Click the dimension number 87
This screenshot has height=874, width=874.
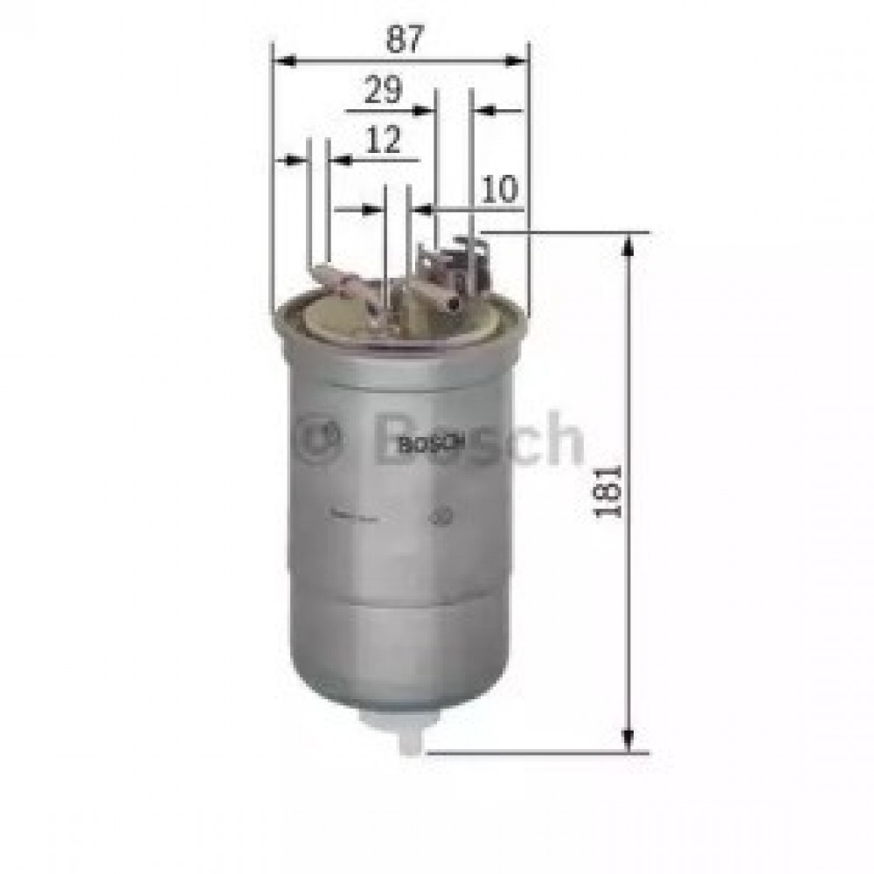(x=403, y=38)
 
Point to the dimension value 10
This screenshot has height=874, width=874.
(x=500, y=189)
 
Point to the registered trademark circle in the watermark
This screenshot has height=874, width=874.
(x=322, y=440)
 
